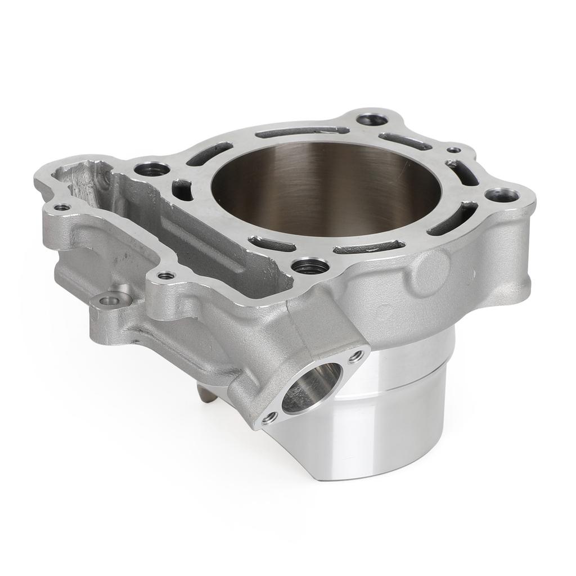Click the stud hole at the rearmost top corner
pos(372,119)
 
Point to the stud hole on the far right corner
pos(502,195)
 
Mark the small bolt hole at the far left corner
pos(62,207)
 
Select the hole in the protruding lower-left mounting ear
pos(110,300)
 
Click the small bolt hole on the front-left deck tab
pos(165,276)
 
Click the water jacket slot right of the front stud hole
pos(368,246)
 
